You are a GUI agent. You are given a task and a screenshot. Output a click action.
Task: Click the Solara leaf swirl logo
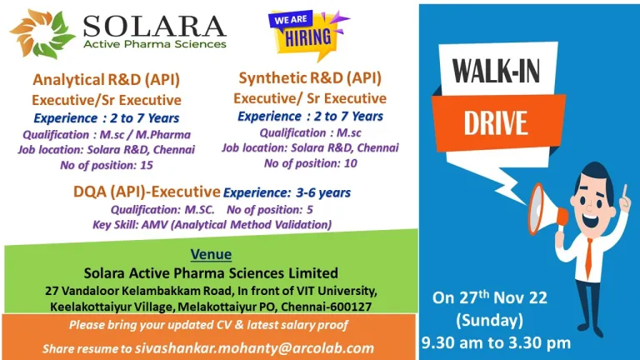(x=42, y=34)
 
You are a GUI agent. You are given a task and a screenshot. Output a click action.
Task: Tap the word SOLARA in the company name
(x=155, y=27)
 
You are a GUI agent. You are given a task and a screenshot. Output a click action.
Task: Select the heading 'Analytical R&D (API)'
(x=106, y=80)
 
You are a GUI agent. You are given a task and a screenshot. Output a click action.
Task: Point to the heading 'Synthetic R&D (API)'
(x=310, y=78)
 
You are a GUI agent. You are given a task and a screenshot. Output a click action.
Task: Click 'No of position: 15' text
(x=107, y=165)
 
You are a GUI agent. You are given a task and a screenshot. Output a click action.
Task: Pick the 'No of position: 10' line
(x=311, y=163)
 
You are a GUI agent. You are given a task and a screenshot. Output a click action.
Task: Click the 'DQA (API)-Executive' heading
(x=147, y=192)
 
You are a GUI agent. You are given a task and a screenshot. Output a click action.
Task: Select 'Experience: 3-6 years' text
(x=287, y=192)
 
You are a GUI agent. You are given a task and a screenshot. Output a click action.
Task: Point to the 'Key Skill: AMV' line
(x=212, y=225)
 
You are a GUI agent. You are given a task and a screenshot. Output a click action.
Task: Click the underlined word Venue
(x=211, y=254)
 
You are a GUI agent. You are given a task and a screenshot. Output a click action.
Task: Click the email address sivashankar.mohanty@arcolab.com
(x=255, y=348)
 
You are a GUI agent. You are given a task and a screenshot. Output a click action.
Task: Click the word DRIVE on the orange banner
(x=496, y=122)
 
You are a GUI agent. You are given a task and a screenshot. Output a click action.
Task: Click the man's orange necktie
(x=588, y=259)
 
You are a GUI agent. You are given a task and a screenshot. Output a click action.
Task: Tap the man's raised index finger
(x=624, y=192)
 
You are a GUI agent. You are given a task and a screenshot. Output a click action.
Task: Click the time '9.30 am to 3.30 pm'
(x=496, y=342)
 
